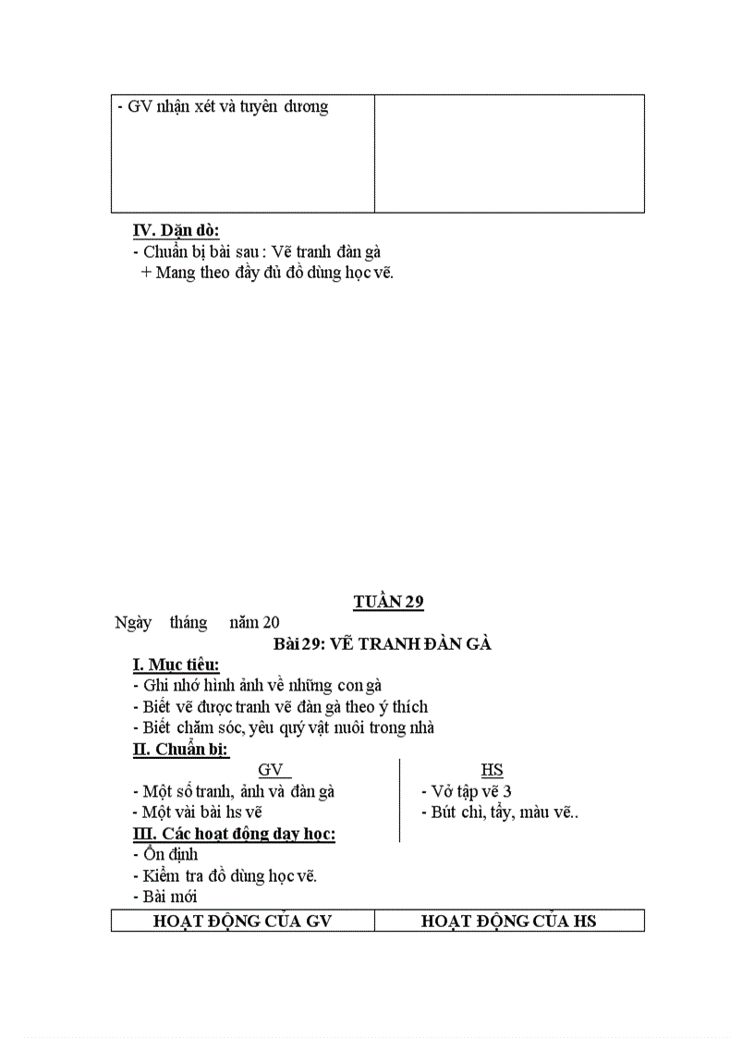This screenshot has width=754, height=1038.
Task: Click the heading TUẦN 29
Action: (x=388, y=602)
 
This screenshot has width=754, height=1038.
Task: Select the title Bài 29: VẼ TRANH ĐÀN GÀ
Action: (x=382, y=643)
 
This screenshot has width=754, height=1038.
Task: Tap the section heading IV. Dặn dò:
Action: (x=176, y=230)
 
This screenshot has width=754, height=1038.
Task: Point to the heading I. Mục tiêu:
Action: (x=176, y=665)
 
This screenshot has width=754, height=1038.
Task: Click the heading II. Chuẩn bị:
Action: (x=181, y=750)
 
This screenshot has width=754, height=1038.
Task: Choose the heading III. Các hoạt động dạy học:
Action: (x=235, y=834)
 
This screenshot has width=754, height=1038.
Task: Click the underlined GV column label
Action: (x=274, y=770)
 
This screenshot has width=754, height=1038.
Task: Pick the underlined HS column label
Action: (x=492, y=770)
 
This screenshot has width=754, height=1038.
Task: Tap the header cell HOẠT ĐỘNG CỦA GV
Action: (x=242, y=921)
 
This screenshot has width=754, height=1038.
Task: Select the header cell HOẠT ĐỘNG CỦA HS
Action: (x=508, y=921)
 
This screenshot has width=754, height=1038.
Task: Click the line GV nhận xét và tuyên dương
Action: (x=223, y=106)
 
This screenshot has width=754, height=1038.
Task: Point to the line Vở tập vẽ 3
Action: (x=467, y=791)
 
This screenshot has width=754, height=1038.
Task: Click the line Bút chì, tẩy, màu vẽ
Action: (x=500, y=812)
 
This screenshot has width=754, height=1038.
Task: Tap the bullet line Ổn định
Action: (x=165, y=854)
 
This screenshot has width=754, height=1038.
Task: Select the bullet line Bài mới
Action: (x=165, y=897)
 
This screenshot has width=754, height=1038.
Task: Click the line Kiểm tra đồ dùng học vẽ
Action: (x=225, y=876)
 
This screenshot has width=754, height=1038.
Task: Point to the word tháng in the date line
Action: (x=188, y=623)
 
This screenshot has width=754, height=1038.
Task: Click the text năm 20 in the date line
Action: (x=254, y=622)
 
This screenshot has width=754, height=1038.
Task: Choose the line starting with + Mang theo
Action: (x=267, y=273)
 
